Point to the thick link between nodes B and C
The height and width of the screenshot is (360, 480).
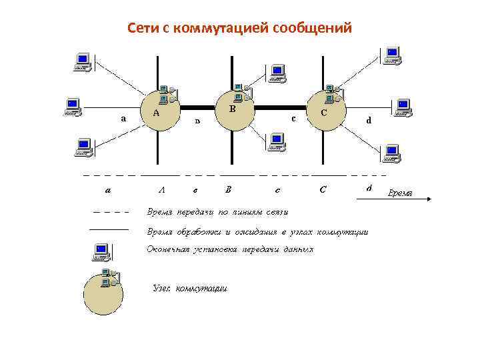(x=281, y=107)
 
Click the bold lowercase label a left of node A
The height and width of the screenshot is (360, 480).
(x=123, y=119)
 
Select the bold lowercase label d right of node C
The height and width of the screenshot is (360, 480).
(x=369, y=121)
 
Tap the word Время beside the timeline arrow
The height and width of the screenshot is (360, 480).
(x=400, y=193)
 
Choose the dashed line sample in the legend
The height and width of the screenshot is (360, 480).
(x=108, y=213)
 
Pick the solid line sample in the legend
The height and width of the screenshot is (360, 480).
(x=108, y=229)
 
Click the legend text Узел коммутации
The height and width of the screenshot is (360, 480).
(x=189, y=289)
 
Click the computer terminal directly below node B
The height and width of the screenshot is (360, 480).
(x=275, y=142)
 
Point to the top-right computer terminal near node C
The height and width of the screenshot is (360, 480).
(x=392, y=56)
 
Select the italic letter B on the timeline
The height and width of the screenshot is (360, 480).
(x=229, y=189)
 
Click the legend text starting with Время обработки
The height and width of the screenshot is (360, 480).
(x=257, y=232)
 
